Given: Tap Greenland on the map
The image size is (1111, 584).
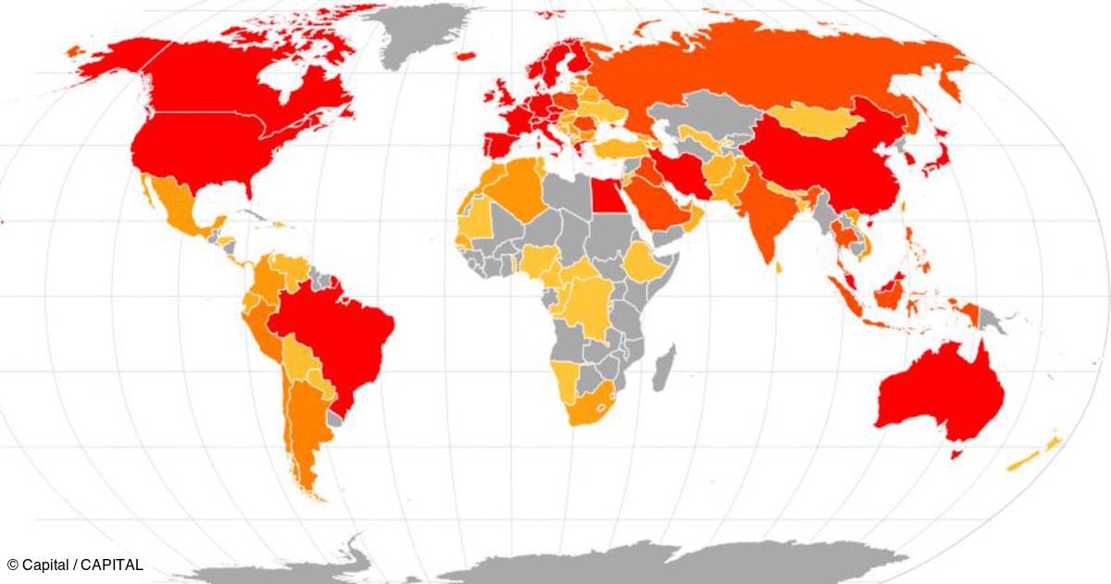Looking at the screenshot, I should (421, 32).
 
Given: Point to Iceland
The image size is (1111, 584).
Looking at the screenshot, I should (466, 57).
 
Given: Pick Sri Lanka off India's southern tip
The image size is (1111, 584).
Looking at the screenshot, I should (780, 268).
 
